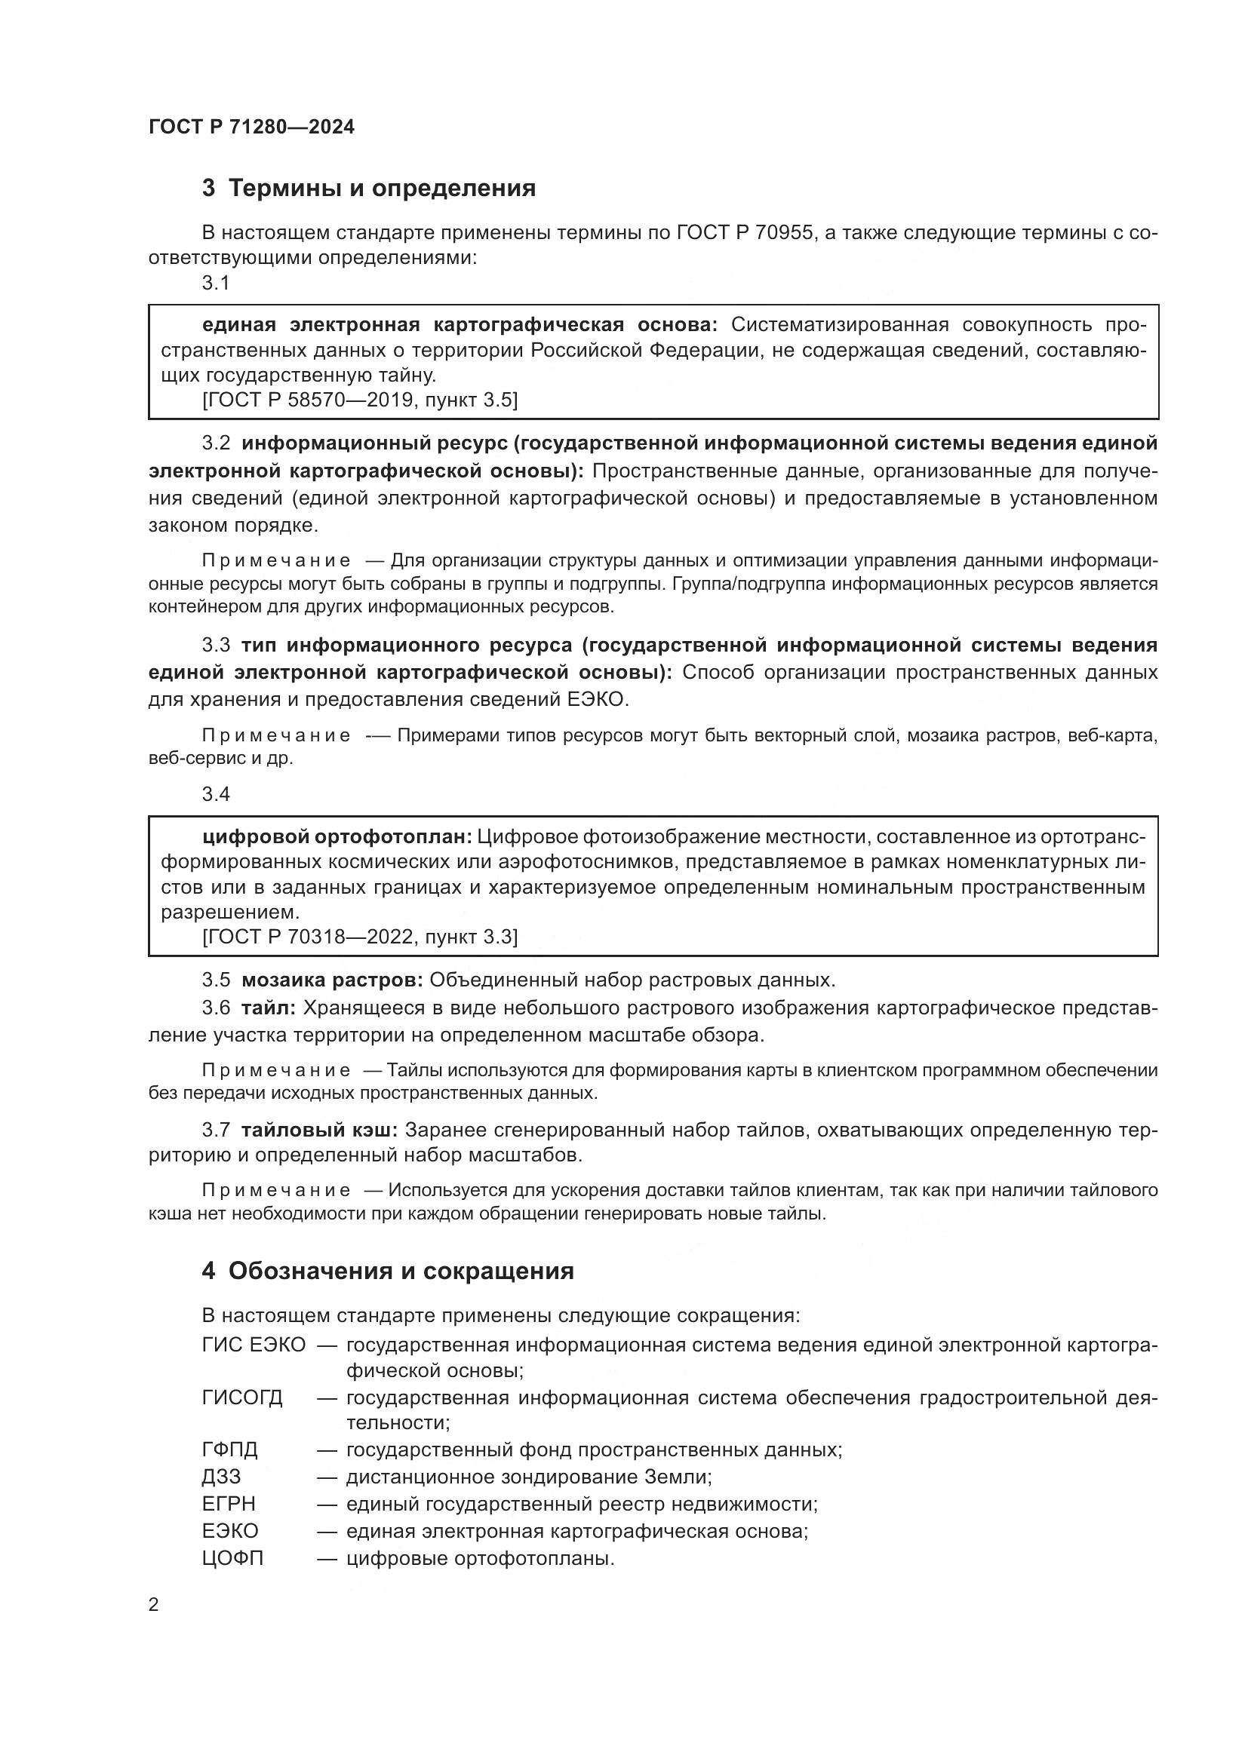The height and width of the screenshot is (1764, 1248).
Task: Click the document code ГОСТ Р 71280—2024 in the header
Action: [x=251, y=127]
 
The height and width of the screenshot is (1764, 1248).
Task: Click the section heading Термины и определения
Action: [x=382, y=189]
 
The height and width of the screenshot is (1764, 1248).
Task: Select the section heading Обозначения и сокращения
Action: [x=401, y=1271]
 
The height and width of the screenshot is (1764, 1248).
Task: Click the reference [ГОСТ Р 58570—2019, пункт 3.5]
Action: [x=360, y=400]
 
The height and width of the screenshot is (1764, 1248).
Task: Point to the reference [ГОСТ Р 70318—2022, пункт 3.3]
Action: [x=360, y=937]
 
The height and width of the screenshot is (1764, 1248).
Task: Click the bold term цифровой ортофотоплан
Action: [x=337, y=836]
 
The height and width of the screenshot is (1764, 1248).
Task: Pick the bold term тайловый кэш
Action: [x=319, y=1130]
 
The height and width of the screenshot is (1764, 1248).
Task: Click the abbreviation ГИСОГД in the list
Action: [x=242, y=1397]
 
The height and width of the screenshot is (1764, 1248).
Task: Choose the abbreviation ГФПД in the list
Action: [x=230, y=1450]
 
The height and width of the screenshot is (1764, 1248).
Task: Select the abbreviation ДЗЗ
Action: [x=221, y=1477]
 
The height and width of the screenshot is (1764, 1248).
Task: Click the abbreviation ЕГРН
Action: [x=228, y=1504]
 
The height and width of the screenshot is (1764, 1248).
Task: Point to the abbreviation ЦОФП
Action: [x=232, y=1558]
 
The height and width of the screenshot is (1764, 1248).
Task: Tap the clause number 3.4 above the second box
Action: [x=216, y=794]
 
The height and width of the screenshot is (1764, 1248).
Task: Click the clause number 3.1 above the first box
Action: [x=216, y=284]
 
